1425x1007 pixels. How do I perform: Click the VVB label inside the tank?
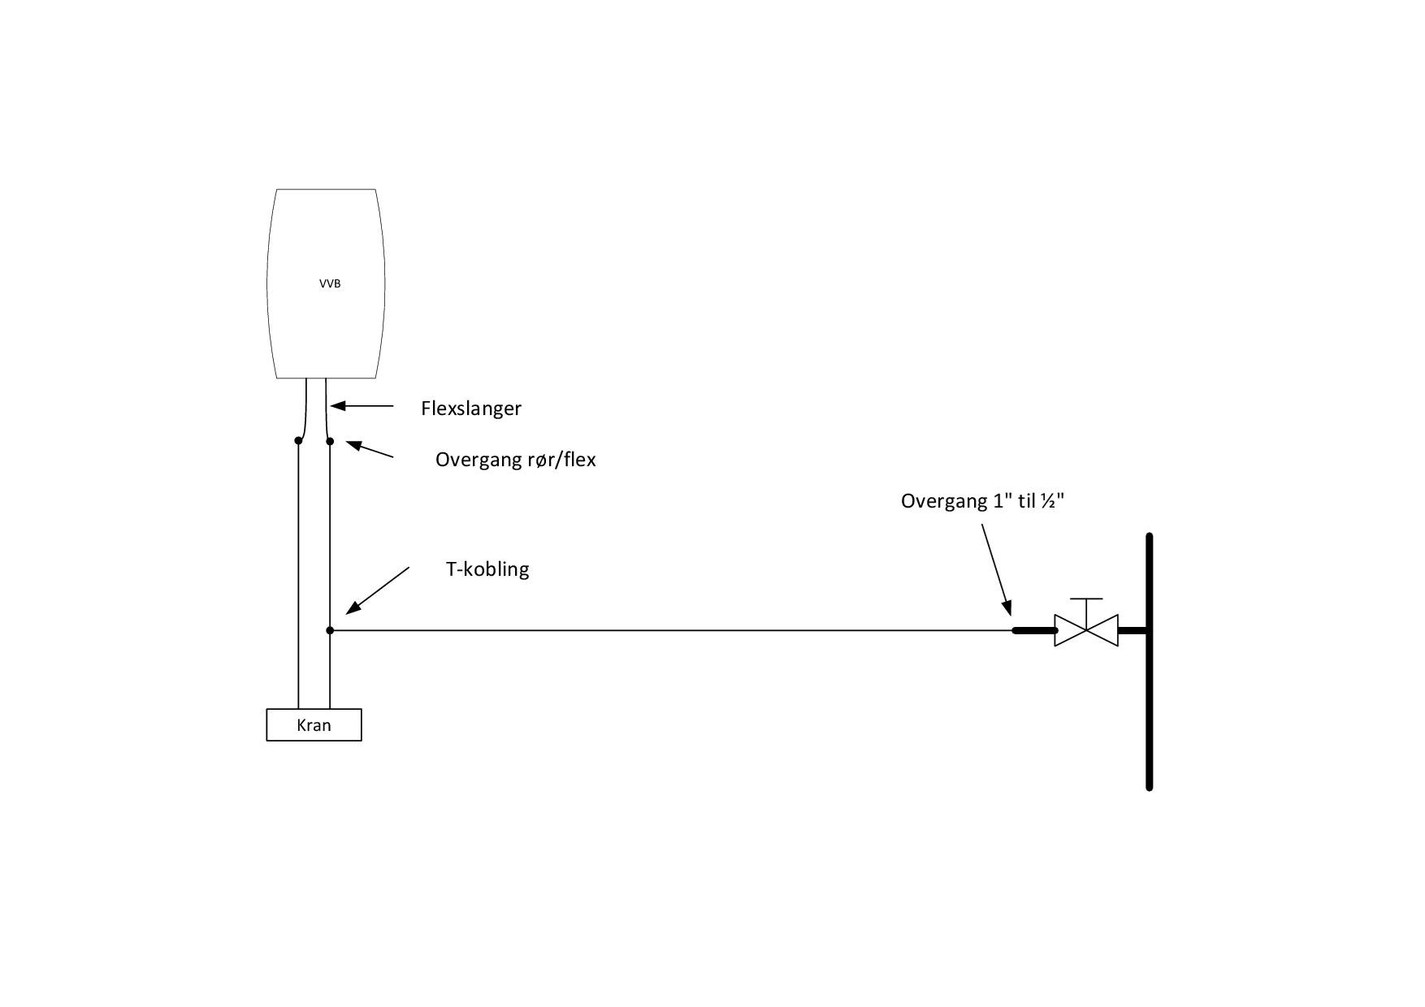coord(330,283)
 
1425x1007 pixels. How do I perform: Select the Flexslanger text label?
coord(470,408)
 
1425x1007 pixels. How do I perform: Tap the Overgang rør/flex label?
coord(515,460)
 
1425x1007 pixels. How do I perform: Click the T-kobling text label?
coord(487,568)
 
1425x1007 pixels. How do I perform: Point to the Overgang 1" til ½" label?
coord(982,500)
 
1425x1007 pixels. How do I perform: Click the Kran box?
coord(314,724)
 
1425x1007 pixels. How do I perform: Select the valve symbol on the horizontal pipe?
coord(1086,630)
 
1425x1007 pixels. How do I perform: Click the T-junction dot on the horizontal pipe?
coord(330,630)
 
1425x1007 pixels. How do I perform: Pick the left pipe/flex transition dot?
coord(298,440)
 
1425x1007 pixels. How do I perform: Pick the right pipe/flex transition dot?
coord(330,441)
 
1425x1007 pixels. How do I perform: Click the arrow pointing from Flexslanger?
coord(362,405)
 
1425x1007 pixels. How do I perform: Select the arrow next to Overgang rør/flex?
coord(370,449)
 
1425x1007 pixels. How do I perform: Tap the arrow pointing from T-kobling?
coord(377,590)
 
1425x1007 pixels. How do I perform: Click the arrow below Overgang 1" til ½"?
coord(996,568)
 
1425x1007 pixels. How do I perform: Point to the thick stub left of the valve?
coord(1033,630)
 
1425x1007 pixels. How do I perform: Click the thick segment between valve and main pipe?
coord(1133,630)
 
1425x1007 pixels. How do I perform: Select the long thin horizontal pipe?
coord(666,630)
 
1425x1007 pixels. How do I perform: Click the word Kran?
coord(314,724)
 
